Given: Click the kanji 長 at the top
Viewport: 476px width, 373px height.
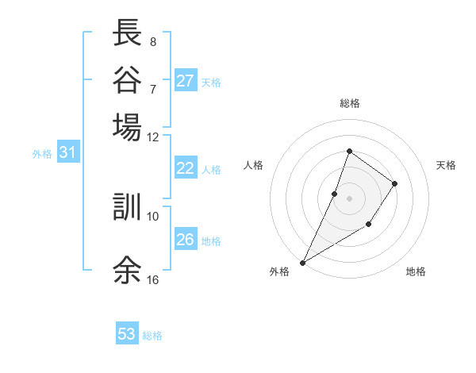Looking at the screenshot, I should click(x=127, y=33).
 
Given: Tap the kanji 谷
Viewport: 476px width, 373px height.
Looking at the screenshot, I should click(x=127, y=79).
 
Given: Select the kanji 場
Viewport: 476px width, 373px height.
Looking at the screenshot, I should click(x=127, y=126).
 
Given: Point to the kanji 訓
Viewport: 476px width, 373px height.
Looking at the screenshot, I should click(x=127, y=208).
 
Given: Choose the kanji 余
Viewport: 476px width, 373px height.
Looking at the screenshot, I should click(x=127, y=270).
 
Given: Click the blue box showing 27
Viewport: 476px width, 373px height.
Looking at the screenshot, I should click(x=186, y=81).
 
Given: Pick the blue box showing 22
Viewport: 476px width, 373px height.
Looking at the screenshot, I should click(x=186, y=168).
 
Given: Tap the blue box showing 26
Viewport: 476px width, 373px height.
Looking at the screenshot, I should click(x=186, y=240).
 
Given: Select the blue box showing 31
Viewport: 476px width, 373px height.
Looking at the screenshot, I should click(x=67, y=153).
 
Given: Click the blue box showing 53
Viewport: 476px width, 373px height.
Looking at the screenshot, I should click(x=127, y=334).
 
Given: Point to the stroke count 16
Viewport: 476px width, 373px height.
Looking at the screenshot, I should click(x=153, y=279).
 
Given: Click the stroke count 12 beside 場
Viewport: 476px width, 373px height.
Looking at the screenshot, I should click(x=153, y=137).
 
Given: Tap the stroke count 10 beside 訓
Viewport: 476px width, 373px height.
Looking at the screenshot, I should click(x=153, y=216).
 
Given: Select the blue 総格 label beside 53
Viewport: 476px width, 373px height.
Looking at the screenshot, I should click(x=152, y=336).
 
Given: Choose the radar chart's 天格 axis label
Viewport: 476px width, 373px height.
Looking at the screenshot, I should click(x=446, y=165).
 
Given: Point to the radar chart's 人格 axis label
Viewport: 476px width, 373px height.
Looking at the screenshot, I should click(x=254, y=165).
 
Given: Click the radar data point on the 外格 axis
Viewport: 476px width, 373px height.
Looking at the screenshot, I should click(x=302, y=262).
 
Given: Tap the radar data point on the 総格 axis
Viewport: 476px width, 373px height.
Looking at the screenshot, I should click(x=349, y=152).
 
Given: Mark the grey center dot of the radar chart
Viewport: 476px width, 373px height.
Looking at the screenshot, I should click(x=349, y=198).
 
